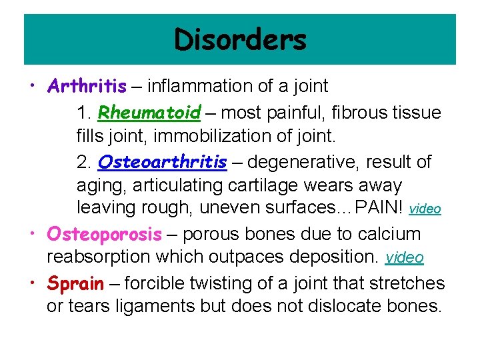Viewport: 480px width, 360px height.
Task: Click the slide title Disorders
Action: pos(240,40)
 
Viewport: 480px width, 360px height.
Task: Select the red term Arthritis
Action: pos(87,86)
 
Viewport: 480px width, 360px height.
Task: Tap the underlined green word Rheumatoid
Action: pos(149,113)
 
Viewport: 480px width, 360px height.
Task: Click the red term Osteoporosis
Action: pos(104,234)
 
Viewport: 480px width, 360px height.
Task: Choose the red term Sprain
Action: pos(75,283)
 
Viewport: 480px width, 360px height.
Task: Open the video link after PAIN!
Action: pos(425,209)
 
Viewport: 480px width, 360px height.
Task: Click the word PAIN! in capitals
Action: pos(379,207)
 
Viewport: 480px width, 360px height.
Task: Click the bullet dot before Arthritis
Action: pos(33,87)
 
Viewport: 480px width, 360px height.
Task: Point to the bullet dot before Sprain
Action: pos(33,284)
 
